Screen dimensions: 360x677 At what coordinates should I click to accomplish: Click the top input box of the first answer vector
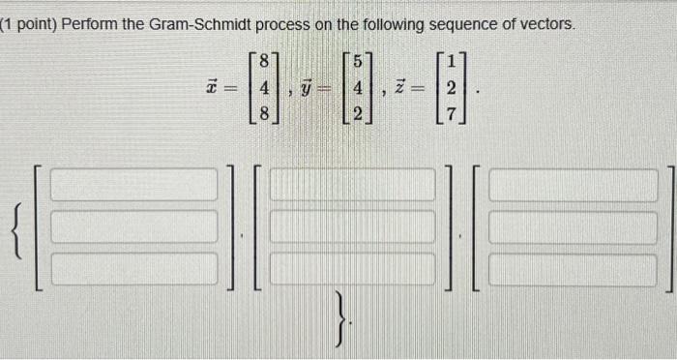pyautogui.click(x=134, y=185)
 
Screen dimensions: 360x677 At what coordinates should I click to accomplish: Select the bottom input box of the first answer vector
pyautogui.click(x=134, y=269)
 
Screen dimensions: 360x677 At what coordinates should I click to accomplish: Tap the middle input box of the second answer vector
pyautogui.click(x=352, y=227)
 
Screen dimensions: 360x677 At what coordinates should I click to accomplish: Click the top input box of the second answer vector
pyautogui.click(x=352, y=185)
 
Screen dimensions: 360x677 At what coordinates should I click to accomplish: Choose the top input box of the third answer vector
pyautogui.click(x=573, y=185)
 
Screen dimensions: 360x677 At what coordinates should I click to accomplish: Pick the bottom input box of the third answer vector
pyautogui.click(x=573, y=269)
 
